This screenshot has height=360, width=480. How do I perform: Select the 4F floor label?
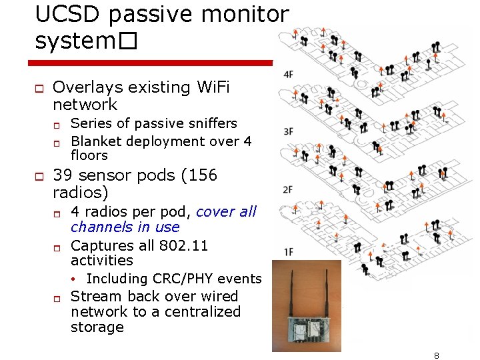288,74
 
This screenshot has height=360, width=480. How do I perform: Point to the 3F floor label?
288,131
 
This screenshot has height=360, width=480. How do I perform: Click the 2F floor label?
288,190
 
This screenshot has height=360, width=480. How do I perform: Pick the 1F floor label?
288,251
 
